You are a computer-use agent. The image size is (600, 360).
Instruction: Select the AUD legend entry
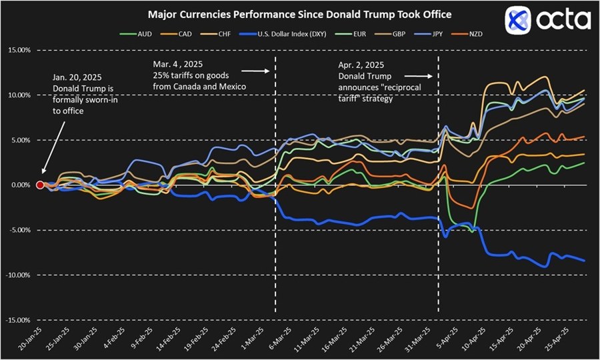137,33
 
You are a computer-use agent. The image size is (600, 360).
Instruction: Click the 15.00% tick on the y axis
18,50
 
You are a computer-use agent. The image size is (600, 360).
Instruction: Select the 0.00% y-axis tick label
19,185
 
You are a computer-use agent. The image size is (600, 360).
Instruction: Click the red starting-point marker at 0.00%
40,185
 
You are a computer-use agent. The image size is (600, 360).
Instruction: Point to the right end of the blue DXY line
585,261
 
